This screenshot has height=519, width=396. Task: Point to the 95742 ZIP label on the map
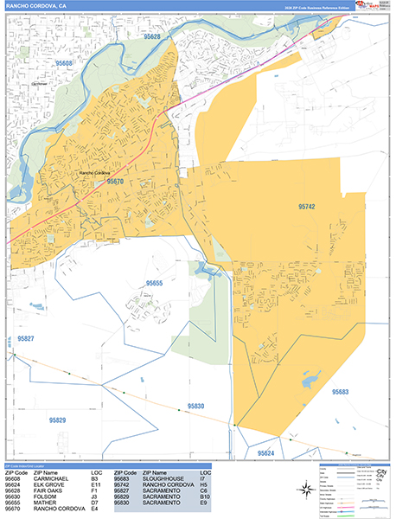click(x=307, y=207)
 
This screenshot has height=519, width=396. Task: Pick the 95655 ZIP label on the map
click(x=155, y=284)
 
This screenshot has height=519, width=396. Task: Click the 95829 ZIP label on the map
click(x=58, y=420)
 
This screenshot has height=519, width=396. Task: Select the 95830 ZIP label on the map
click(x=195, y=406)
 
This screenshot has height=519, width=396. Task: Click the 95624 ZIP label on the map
click(x=265, y=452)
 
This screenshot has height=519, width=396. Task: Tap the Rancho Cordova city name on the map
click(x=97, y=173)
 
